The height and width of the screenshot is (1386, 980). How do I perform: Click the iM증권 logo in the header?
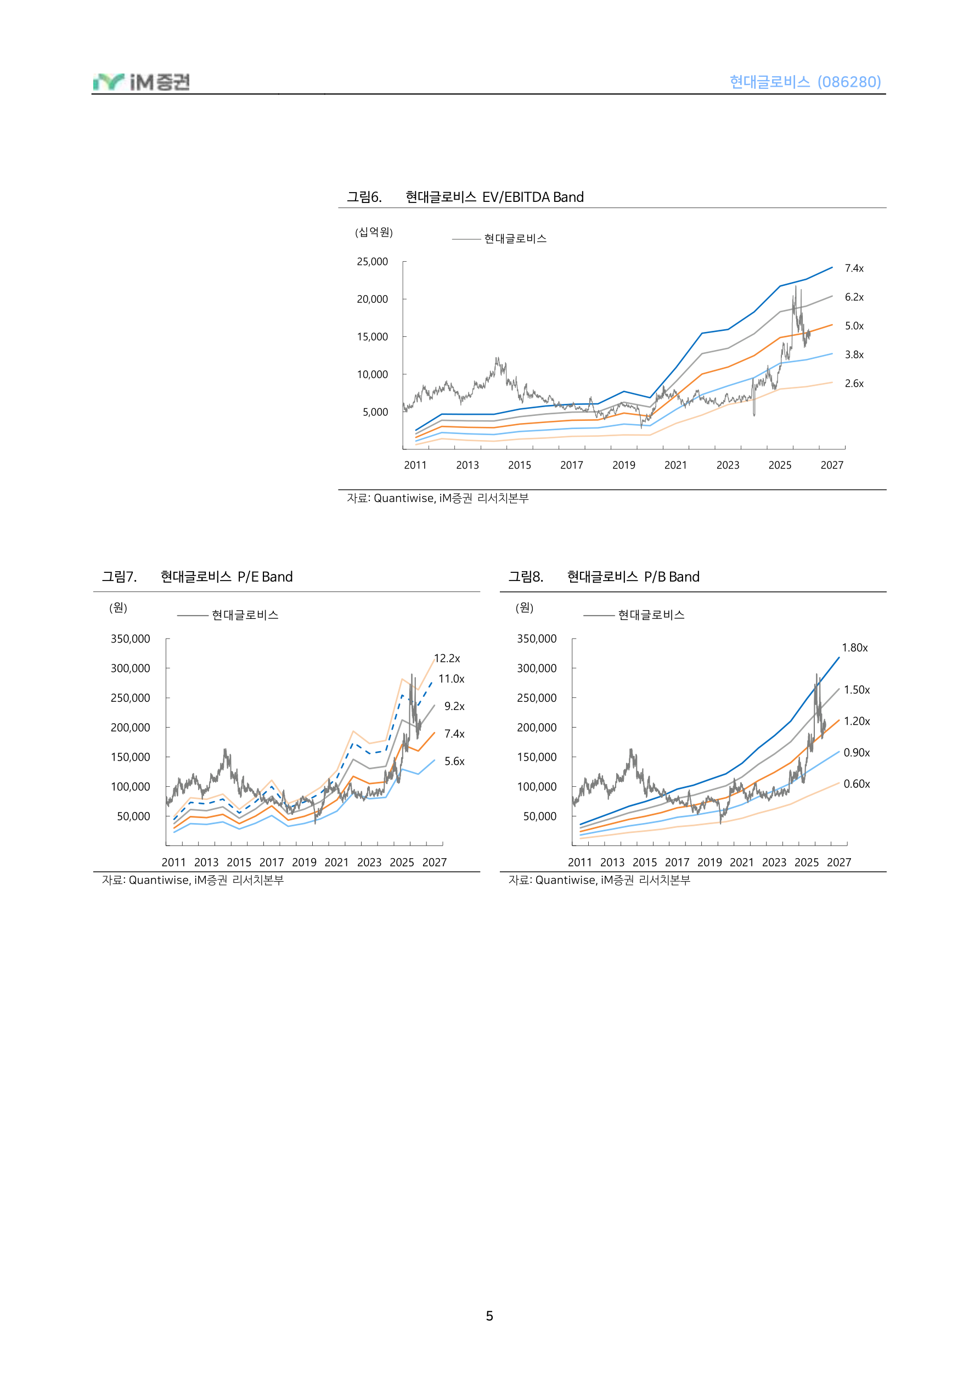click(x=142, y=82)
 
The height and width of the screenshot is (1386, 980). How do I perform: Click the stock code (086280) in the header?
click(x=849, y=82)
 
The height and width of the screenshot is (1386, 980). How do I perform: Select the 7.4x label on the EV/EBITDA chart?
click(x=854, y=268)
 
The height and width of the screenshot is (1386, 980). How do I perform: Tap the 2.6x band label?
click(x=854, y=384)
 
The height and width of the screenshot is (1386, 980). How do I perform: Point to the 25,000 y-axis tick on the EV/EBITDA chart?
click(x=372, y=261)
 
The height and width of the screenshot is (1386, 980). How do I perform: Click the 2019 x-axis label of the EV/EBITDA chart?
click(x=624, y=465)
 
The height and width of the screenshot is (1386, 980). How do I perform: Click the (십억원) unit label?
click(x=374, y=233)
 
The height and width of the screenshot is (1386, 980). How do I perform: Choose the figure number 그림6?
click(x=364, y=197)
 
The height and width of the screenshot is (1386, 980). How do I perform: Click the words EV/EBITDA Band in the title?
click(x=533, y=197)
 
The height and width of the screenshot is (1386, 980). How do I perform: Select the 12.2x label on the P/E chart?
click(x=447, y=658)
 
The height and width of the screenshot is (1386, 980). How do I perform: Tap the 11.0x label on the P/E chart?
click(x=451, y=679)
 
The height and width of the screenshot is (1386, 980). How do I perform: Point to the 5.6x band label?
click(x=454, y=761)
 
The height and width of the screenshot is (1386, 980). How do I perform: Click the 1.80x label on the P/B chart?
click(x=854, y=647)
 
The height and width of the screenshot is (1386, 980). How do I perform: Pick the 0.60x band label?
click(x=856, y=784)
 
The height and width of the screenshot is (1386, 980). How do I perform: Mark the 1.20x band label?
click(x=856, y=721)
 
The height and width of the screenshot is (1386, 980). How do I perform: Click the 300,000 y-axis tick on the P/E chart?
click(x=131, y=668)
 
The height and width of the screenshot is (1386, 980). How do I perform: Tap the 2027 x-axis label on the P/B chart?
click(x=838, y=862)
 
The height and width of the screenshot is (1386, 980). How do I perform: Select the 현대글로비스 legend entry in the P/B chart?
click(x=651, y=615)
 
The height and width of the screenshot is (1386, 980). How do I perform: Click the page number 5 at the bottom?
click(x=489, y=1316)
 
